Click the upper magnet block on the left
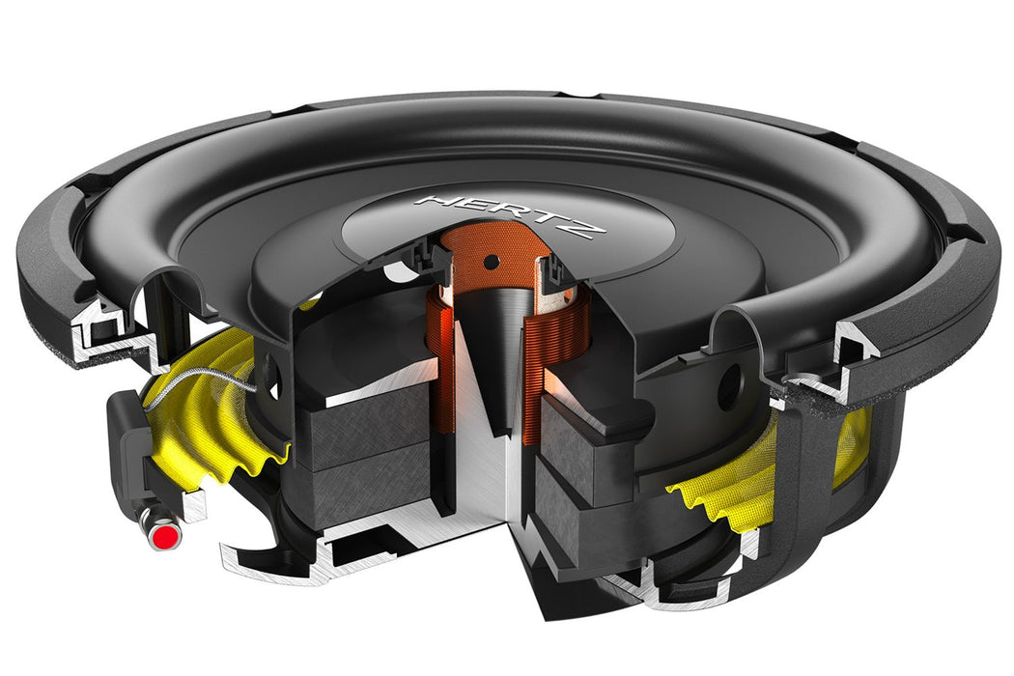372,415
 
